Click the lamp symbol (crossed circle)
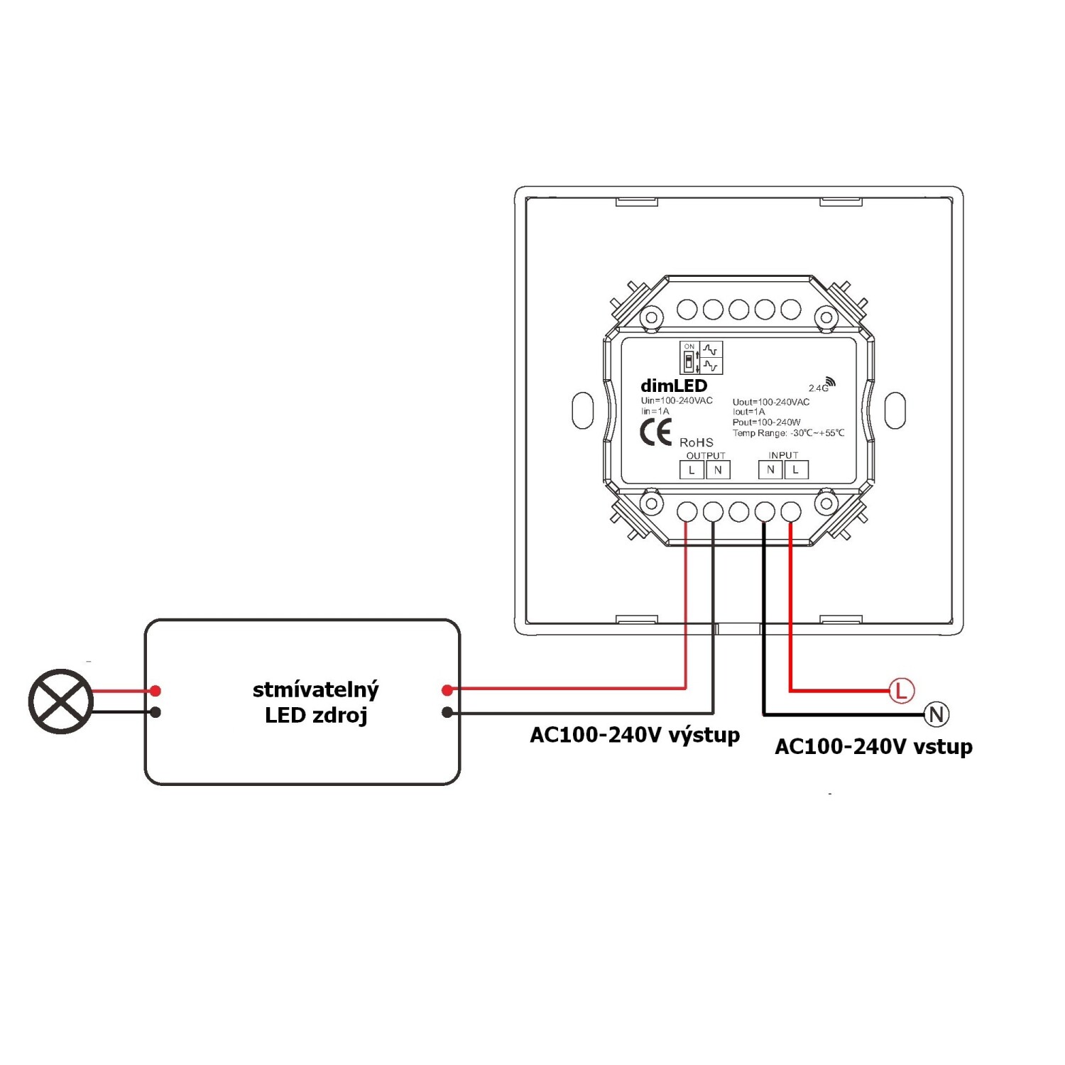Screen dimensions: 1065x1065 point(60,701)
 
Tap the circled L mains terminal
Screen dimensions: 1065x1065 point(901,690)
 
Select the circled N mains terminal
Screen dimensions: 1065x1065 point(936,714)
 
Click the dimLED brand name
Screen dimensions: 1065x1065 point(674,386)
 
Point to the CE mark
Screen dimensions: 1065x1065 point(656,432)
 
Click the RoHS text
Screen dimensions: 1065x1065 point(696,442)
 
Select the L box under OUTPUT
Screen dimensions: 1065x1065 point(692,470)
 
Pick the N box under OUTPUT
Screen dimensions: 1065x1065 point(718,470)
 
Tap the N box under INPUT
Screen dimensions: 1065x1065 point(770,469)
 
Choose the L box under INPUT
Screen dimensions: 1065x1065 point(796,469)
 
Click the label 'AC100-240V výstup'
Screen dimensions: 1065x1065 point(635,735)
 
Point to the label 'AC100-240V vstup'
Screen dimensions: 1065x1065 point(873,747)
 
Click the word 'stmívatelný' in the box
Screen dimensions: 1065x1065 point(316,690)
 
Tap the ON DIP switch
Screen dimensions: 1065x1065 point(688,357)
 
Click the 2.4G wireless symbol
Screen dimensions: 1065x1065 point(822,384)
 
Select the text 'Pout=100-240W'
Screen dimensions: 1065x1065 point(767,422)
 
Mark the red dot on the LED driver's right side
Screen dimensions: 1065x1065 point(447,690)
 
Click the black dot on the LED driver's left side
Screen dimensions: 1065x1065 point(155,712)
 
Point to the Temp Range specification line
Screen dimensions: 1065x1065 point(789,433)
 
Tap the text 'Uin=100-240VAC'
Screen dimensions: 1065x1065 point(677,401)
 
